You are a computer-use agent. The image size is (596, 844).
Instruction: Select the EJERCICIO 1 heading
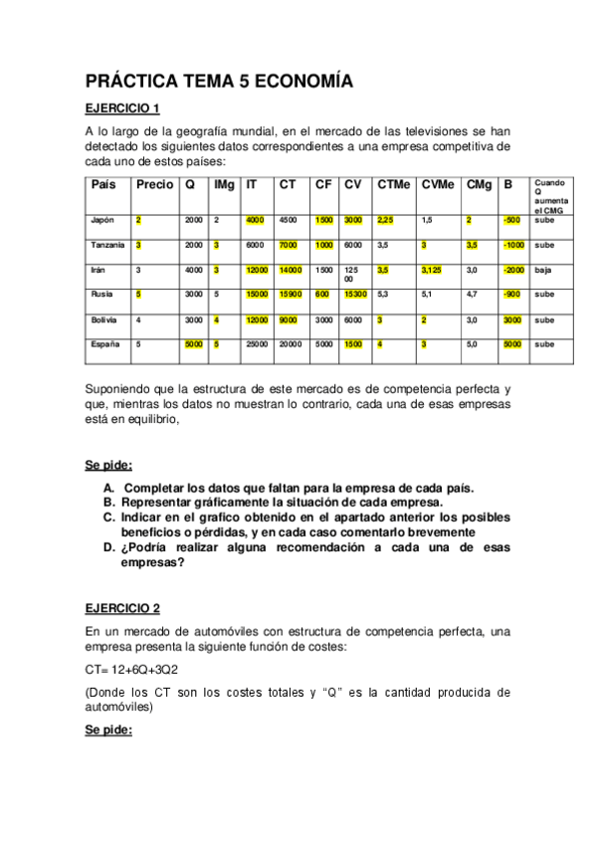[121, 108]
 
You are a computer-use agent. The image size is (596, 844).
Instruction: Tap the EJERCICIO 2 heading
[121, 608]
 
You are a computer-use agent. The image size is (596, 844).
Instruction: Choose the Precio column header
[154, 184]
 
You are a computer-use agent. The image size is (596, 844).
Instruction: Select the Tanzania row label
[107, 245]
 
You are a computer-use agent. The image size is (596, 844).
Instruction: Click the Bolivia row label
[104, 319]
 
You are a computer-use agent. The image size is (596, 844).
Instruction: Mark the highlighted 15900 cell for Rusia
[292, 295]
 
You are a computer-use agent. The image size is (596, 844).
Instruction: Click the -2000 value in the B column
[513, 270]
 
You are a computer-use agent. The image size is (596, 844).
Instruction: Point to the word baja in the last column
[543, 270]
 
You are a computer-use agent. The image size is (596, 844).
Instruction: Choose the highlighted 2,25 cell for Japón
[387, 220]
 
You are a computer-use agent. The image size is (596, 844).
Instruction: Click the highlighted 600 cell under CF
[322, 295]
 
